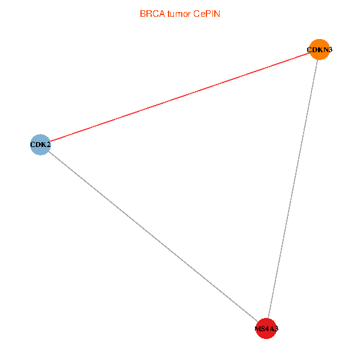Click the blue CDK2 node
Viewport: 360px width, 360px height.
(40, 145)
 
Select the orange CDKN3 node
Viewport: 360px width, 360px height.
(320, 49)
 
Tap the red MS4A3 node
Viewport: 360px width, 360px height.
(266, 329)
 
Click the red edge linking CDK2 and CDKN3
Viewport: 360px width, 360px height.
(180, 97)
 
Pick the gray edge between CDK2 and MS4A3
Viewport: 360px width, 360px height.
(153, 237)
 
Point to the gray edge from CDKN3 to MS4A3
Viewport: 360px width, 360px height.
(293, 189)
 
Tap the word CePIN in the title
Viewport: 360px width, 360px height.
(207, 14)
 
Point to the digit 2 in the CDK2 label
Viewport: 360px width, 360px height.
(48, 145)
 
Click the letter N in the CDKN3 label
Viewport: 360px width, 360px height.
(323, 50)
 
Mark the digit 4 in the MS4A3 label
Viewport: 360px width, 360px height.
(266, 329)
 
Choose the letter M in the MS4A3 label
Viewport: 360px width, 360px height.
(258, 329)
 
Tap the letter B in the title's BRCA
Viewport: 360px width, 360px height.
(143, 14)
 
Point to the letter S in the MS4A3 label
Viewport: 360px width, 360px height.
(263, 329)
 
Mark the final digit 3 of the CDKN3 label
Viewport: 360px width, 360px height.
(328, 50)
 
